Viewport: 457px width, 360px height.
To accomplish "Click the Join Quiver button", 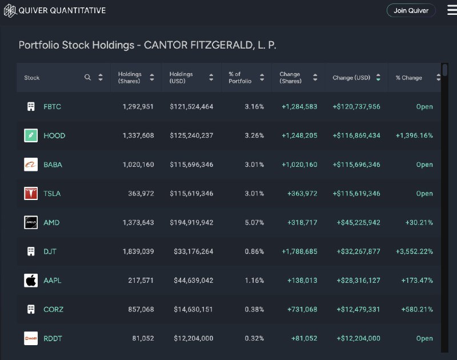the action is (x=411, y=10).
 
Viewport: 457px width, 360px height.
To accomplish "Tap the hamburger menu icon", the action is (x=452, y=10).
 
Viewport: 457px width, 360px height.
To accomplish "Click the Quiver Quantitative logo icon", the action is (x=10, y=11).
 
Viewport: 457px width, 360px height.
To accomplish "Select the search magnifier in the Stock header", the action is (x=87, y=77).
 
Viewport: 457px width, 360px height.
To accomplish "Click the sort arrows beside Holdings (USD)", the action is (x=211, y=77).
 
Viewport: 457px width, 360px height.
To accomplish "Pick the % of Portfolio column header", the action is (x=240, y=78).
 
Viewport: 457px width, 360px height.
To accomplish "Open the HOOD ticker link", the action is (x=54, y=135).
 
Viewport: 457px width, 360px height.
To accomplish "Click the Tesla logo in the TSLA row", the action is (x=31, y=194).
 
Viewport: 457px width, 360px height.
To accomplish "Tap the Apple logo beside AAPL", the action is (x=31, y=281).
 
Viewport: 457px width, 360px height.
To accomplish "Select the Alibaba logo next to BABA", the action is (x=31, y=165).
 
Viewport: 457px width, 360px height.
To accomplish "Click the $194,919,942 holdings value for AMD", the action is (x=191, y=222).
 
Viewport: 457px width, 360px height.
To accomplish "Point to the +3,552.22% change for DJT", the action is (x=414, y=251).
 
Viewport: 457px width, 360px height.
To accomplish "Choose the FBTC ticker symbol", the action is (x=52, y=107).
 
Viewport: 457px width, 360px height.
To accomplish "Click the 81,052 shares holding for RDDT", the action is (x=143, y=338).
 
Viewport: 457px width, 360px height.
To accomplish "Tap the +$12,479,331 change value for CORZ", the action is (x=359, y=309).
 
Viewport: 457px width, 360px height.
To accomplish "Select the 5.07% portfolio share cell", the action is (x=254, y=222).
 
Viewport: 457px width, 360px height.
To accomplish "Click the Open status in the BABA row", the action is (x=424, y=165).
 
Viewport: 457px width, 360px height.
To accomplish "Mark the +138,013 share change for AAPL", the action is (x=302, y=281).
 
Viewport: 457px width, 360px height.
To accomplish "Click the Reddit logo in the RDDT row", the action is (x=31, y=338).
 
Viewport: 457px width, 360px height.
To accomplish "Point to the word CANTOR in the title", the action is (x=166, y=45).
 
